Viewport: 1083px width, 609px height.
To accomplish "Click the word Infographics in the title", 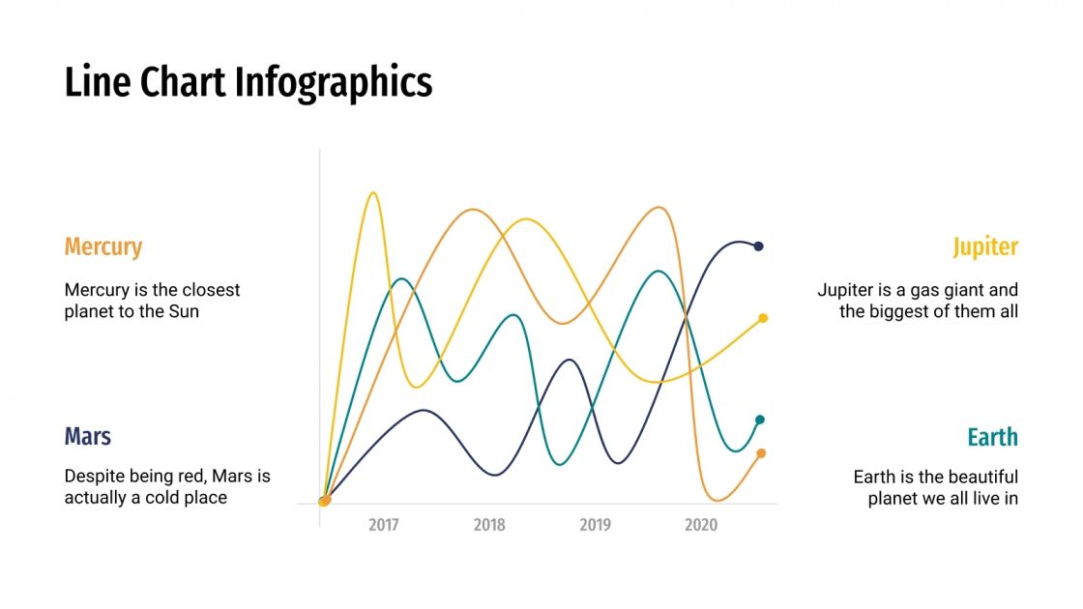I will tap(335, 83).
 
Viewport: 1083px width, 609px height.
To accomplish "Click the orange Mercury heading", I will tap(103, 247).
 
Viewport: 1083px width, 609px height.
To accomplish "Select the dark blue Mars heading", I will tap(88, 437).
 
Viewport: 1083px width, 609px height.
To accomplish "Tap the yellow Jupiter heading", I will tap(985, 247).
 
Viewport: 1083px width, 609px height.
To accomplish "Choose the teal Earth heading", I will tap(993, 438).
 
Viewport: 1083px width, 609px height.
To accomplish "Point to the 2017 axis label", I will tap(384, 525).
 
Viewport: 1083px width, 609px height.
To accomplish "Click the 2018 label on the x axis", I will tap(489, 525).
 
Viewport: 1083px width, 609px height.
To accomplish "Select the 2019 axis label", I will tap(595, 525).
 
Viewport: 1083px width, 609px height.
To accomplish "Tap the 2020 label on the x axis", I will tap(701, 525).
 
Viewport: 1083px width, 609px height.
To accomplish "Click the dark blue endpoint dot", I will tap(759, 246).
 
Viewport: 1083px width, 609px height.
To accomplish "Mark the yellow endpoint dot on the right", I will tap(763, 318).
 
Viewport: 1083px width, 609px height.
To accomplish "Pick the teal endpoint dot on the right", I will tap(760, 420).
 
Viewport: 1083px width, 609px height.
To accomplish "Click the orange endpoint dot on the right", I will tap(761, 453).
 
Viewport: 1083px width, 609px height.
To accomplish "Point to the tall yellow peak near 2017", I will tap(373, 193).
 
